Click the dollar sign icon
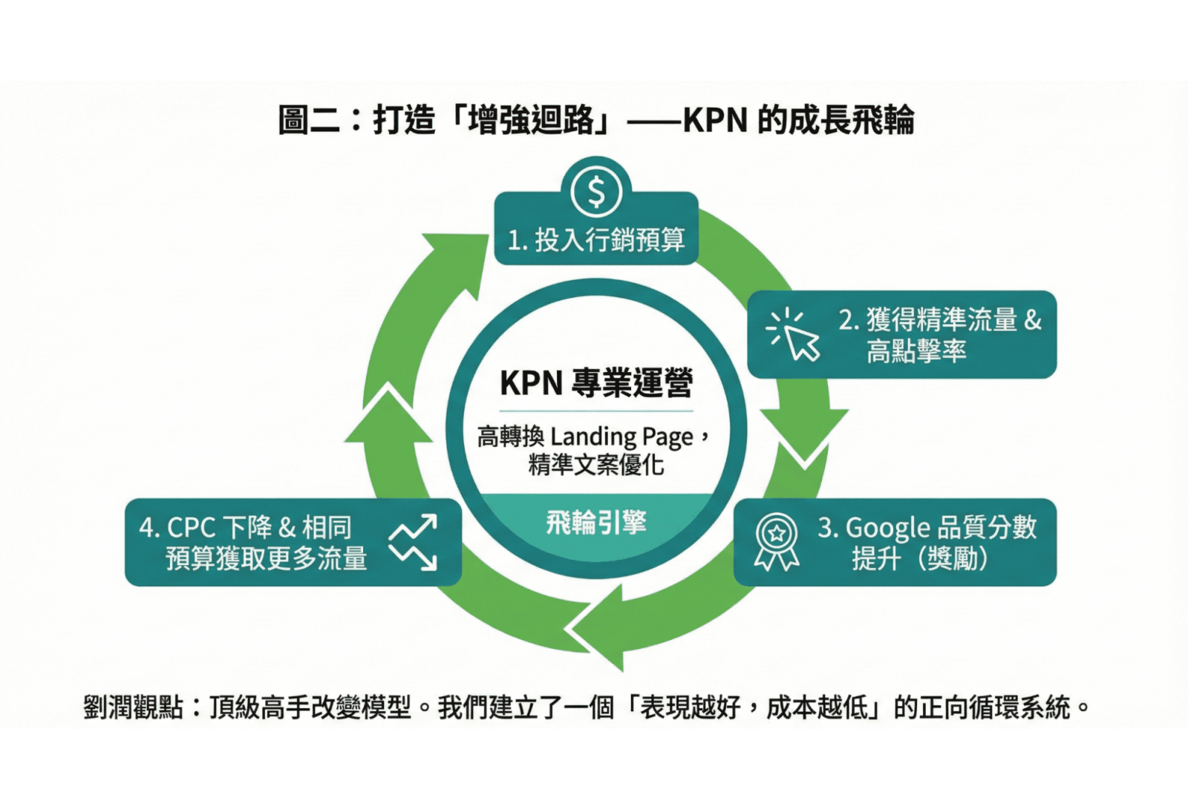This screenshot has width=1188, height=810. point(596,192)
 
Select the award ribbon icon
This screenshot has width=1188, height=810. point(777,541)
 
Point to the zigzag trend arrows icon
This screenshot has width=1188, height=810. point(414,543)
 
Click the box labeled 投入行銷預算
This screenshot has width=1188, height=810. point(596,239)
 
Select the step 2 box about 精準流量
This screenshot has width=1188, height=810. point(901,334)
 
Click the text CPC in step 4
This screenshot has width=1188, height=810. point(192,528)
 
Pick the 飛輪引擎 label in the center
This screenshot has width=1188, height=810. point(596,523)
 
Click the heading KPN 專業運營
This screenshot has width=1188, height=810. point(596,383)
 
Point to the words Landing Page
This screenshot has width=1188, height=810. point(622,437)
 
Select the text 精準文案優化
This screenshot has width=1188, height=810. point(596,466)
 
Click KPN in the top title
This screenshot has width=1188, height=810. point(715,120)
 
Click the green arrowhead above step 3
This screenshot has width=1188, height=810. point(805,438)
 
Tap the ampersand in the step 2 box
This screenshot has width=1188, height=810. point(1033,320)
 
